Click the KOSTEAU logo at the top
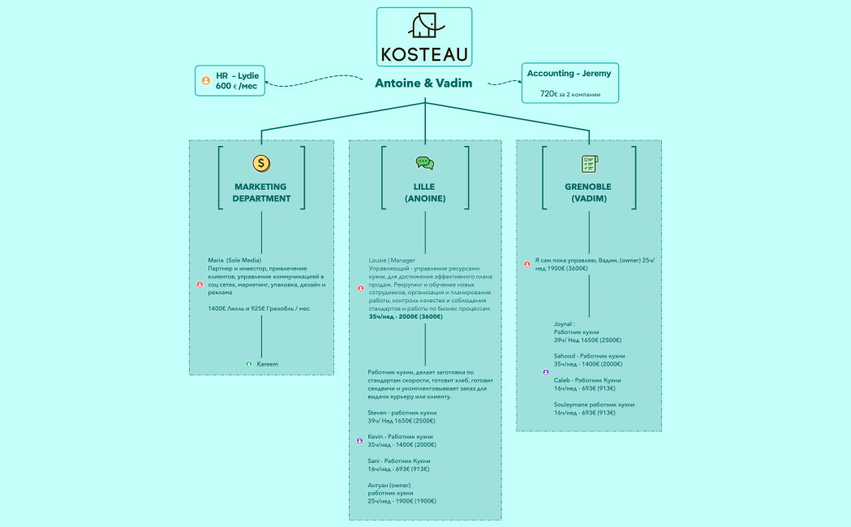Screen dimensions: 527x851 click(424, 36)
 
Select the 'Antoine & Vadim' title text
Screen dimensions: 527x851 click(423, 83)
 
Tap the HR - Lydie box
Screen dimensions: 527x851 click(231, 80)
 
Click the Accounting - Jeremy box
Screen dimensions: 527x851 click(569, 83)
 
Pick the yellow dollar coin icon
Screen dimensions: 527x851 click(261, 163)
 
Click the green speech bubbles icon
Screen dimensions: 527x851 click(424, 163)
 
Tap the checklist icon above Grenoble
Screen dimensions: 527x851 click(589, 164)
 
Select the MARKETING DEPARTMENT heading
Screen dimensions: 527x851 click(261, 192)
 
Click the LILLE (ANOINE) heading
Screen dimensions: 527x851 click(424, 192)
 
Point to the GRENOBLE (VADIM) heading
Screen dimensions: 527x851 click(588, 192)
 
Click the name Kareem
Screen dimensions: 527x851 click(268, 364)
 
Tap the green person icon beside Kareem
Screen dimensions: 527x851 click(249, 364)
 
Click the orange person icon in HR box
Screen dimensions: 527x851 click(206, 81)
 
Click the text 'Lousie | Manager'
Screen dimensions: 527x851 click(392, 260)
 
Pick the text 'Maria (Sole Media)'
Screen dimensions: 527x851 click(234, 260)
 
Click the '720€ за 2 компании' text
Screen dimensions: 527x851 click(569, 94)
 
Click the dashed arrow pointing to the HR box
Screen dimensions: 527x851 click(312, 82)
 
